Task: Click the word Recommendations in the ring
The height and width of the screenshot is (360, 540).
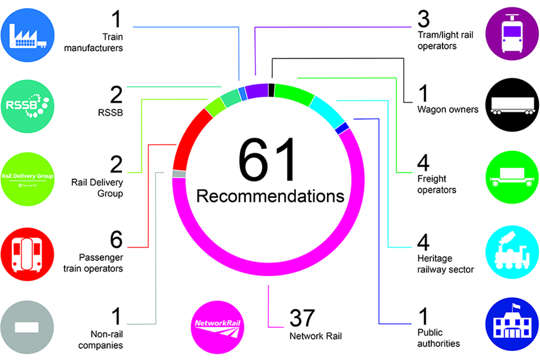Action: pos(270,196)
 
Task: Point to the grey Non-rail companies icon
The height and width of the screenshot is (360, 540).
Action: pos(28,325)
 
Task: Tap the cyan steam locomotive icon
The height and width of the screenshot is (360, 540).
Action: pos(512,251)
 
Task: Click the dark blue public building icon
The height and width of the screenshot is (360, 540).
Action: pos(512,325)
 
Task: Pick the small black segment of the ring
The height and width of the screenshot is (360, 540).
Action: pos(272,90)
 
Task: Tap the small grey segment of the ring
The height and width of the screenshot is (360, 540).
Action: pos(179,174)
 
